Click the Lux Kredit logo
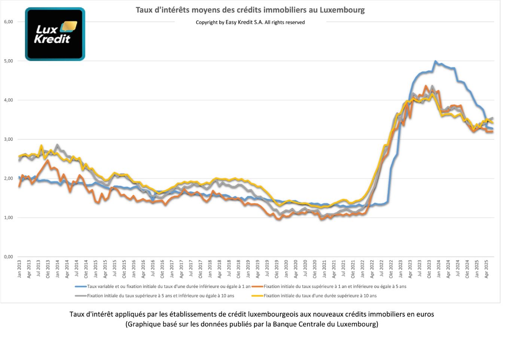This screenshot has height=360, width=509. click(x=55, y=34)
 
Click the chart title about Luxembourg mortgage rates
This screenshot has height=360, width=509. click(x=250, y=10)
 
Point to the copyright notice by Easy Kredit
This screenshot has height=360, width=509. click(x=250, y=22)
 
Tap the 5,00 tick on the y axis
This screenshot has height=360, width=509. click(x=8, y=61)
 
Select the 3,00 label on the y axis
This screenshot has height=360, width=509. click(x=8, y=139)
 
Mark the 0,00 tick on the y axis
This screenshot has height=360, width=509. click(x=8, y=257)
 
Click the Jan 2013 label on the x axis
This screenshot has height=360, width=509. click(x=19, y=269)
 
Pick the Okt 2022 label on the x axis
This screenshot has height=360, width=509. click(x=391, y=269)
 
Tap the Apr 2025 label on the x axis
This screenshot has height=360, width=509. click(x=487, y=269)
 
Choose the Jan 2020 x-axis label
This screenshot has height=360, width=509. click(x=286, y=269)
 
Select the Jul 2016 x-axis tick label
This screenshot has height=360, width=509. click(x=153, y=269)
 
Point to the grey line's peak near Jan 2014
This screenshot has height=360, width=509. click(x=57, y=145)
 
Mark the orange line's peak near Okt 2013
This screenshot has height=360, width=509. click(x=48, y=160)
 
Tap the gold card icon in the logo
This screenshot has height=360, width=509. click(x=69, y=26)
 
